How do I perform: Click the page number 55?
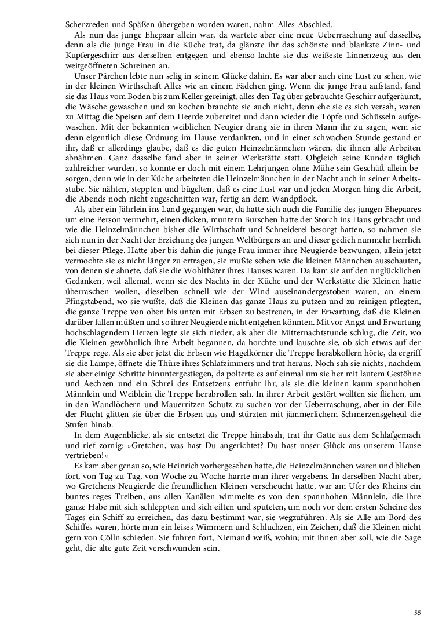418,613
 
